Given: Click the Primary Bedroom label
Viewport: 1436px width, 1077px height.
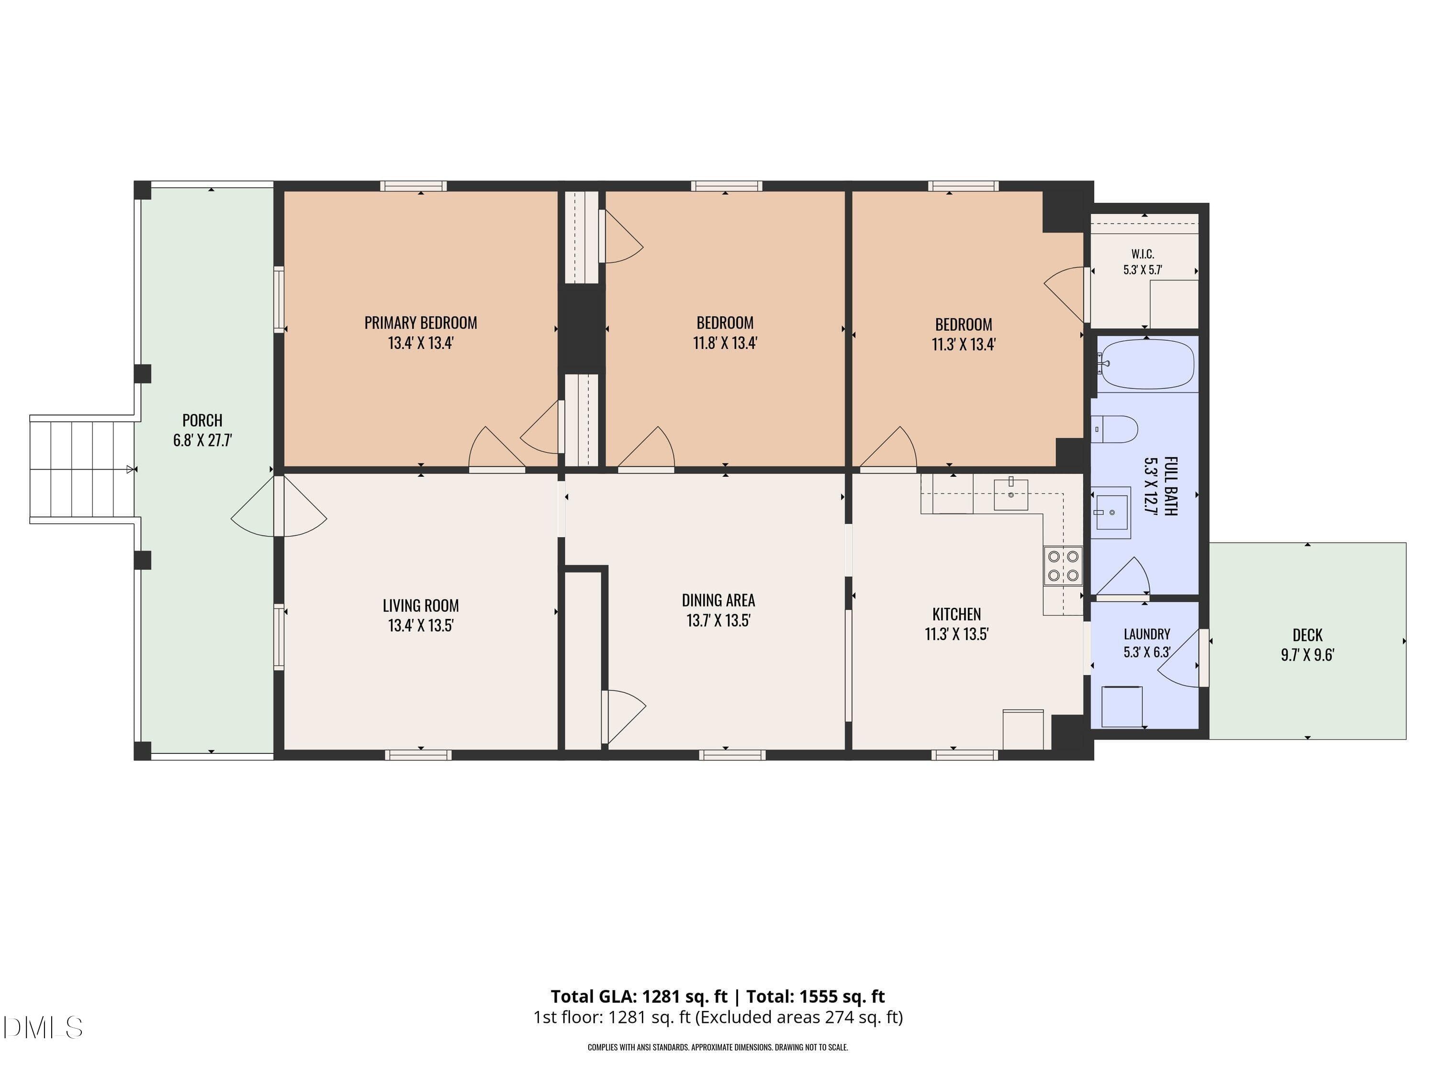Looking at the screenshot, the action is pyautogui.click(x=421, y=323).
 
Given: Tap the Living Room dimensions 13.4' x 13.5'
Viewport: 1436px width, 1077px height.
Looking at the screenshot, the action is pyautogui.click(x=421, y=626).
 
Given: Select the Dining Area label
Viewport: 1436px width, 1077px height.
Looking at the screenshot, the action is pyautogui.click(x=718, y=601).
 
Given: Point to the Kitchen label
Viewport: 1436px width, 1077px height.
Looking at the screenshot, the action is pyautogui.click(x=956, y=614).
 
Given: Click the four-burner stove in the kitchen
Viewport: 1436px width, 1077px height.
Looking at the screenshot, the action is pyautogui.click(x=1063, y=565).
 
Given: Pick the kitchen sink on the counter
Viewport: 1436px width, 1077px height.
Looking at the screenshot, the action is pyautogui.click(x=1011, y=494).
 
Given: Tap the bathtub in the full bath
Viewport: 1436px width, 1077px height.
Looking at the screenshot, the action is pyautogui.click(x=1146, y=364).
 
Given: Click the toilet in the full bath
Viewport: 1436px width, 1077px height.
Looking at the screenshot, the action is pyautogui.click(x=1115, y=429).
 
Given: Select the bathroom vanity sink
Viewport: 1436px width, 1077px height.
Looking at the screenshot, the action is pyautogui.click(x=1111, y=512).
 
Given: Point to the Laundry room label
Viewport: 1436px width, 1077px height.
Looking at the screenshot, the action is pyautogui.click(x=1147, y=634).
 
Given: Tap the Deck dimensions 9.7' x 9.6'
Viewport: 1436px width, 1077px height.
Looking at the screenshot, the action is pyautogui.click(x=1307, y=655).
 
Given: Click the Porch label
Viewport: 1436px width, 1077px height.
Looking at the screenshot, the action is pyautogui.click(x=202, y=421).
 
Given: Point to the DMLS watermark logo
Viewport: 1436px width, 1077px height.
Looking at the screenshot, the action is pyautogui.click(x=43, y=1028).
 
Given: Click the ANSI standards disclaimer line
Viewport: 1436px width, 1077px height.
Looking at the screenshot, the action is pyautogui.click(x=718, y=1047).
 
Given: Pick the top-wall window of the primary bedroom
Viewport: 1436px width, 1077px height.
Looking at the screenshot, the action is pyautogui.click(x=414, y=186).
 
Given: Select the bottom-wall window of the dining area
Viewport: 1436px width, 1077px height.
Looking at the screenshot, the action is pyautogui.click(x=732, y=755).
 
